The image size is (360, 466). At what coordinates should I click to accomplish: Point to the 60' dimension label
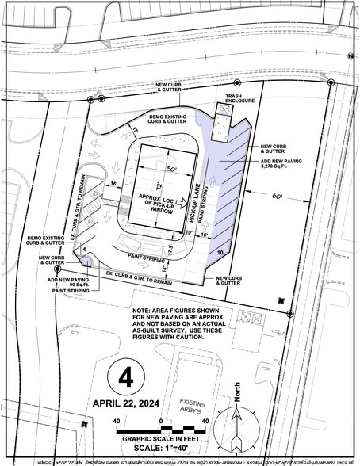pyautogui.click(x=277, y=193)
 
